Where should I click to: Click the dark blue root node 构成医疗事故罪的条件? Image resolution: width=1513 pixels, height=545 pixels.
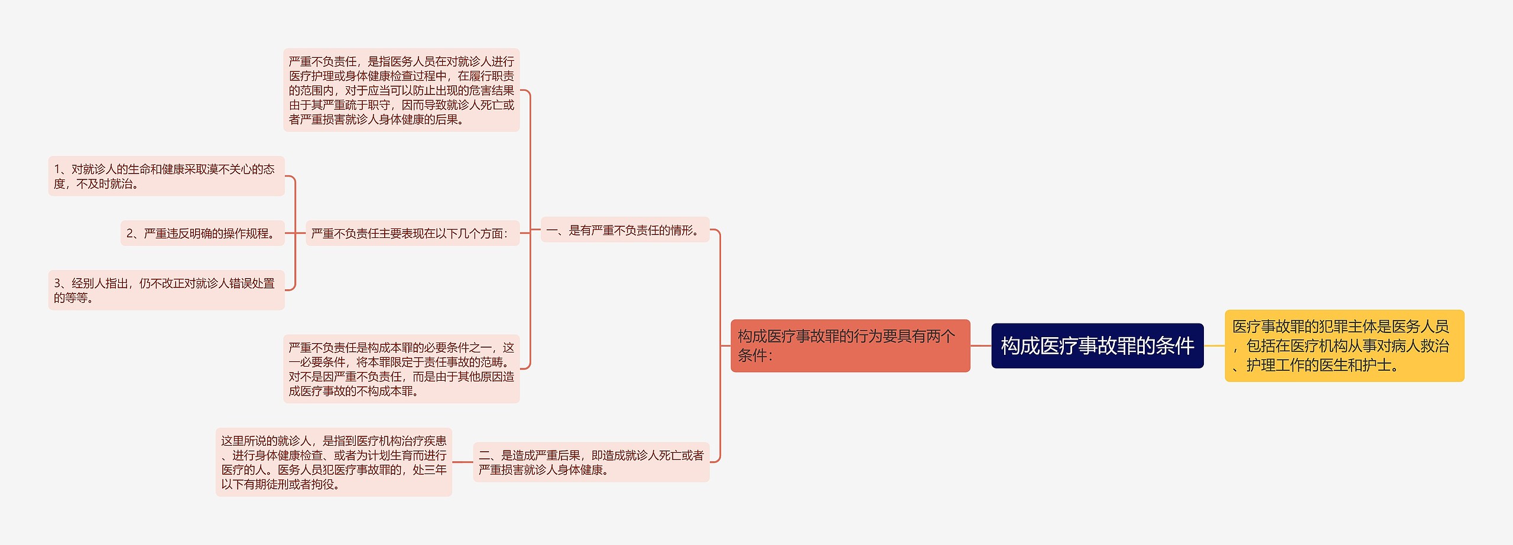click(1097, 345)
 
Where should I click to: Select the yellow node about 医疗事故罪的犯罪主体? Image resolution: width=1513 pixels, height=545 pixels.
click(1344, 345)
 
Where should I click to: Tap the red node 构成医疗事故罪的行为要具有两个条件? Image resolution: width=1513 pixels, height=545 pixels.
click(850, 345)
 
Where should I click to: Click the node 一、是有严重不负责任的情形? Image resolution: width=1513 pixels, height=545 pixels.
click(625, 230)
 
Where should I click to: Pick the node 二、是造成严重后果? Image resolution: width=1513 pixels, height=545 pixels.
click(591, 462)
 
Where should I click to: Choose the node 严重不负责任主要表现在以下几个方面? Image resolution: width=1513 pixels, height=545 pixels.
click(412, 233)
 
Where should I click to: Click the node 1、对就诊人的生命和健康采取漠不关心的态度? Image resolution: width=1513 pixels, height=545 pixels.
click(166, 176)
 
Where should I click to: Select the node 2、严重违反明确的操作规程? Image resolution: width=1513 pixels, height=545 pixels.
click(202, 233)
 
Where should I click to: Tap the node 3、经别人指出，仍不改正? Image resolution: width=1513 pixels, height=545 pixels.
click(166, 290)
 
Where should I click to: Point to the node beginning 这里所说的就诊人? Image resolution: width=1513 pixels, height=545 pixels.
click(333, 462)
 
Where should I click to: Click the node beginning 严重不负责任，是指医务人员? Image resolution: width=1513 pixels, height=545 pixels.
click(401, 90)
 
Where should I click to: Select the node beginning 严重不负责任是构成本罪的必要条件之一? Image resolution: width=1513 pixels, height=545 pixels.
click(401, 369)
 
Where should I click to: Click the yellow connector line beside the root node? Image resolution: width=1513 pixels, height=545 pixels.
click(1214, 345)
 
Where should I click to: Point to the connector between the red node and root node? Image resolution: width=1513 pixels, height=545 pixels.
click(980, 345)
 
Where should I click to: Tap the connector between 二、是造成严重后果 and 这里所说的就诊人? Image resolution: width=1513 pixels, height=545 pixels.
click(462, 462)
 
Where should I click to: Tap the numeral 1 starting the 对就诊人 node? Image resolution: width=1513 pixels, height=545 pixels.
click(57, 169)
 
